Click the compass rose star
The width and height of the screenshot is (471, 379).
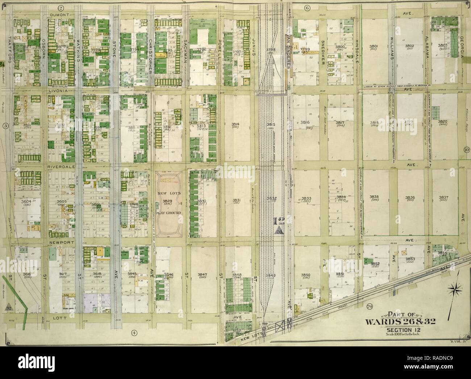[x=455, y=290]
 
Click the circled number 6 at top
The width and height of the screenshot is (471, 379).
[x=307, y=8]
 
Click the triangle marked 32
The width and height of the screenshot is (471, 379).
[x=8, y=308]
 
